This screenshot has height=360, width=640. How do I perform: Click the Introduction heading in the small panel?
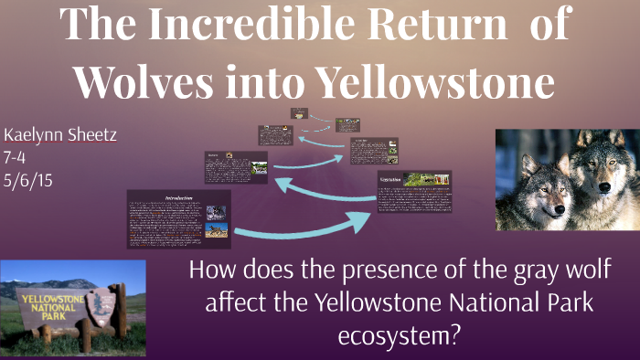[177, 197]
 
